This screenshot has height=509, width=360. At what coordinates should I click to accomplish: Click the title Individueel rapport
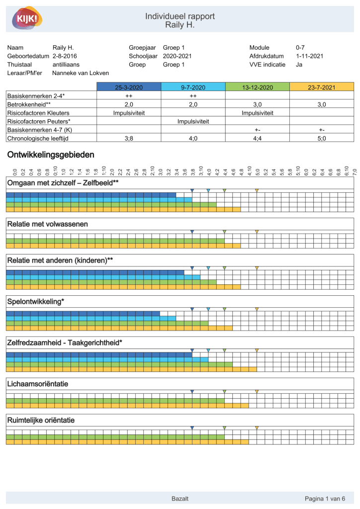pyautogui.click(x=180, y=16)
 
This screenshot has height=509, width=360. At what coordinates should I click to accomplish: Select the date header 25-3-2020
pyautogui.click(x=129, y=87)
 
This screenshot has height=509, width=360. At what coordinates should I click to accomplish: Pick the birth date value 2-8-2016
pyautogui.click(x=65, y=56)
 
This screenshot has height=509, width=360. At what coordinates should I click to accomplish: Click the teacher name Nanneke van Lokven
pyautogui.click(x=81, y=73)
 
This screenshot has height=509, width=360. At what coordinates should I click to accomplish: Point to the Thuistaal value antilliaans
pyautogui.click(x=66, y=65)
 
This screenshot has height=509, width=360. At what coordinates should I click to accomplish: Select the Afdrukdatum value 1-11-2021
pyautogui.click(x=309, y=56)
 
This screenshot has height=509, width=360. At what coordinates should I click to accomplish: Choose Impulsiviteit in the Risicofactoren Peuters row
pyautogui.click(x=193, y=121)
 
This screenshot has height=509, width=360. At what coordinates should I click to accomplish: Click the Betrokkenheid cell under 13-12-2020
pyautogui.click(x=257, y=104)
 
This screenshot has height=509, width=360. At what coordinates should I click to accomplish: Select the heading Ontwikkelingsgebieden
pyautogui.click(x=51, y=155)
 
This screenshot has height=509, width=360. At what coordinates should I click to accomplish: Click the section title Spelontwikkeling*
pyautogui.click(x=35, y=302)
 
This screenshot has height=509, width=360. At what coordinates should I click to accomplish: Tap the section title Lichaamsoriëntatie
pyautogui.click(x=37, y=384)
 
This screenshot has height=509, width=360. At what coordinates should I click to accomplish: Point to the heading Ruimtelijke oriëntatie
pyautogui.click(x=41, y=421)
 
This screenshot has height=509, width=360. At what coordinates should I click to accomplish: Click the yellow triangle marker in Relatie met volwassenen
pyautogui.click(x=257, y=232)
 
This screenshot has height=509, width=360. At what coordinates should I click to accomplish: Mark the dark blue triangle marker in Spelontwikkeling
pyautogui.click(x=192, y=309)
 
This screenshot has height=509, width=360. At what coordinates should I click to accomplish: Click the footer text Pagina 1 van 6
pyautogui.click(x=325, y=499)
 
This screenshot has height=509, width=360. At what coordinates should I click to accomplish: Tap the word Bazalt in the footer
pyautogui.click(x=180, y=499)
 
